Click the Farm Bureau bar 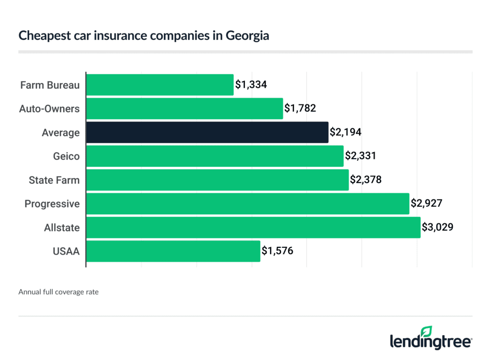[x=160, y=85]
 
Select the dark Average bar [x=207, y=132]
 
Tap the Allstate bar [x=253, y=227]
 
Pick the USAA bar [x=173, y=251]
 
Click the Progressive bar [x=247, y=204]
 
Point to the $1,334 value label [x=250, y=85]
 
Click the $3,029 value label [x=437, y=227]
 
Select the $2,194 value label [x=345, y=132]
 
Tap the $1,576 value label [x=277, y=251]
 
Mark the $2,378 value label [x=366, y=180]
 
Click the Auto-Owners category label [x=49, y=109]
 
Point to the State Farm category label [x=54, y=180]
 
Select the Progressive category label [x=52, y=204]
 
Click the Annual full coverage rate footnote [x=58, y=291]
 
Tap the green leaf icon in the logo [x=426, y=332]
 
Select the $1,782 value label [x=300, y=109]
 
